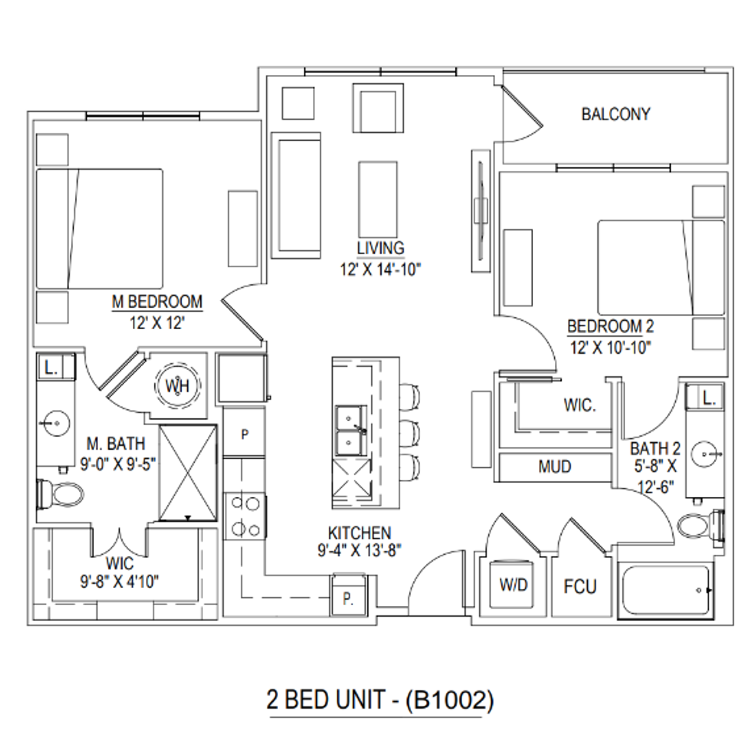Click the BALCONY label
(x=616, y=114)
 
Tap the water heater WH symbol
(x=177, y=385)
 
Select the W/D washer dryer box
(x=513, y=583)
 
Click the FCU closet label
(x=580, y=586)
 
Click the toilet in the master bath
(x=61, y=493)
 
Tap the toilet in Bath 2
(x=700, y=526)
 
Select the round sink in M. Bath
(x=56, y=423)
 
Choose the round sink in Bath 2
(x=706, y=454)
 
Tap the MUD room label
(x=555, y=467)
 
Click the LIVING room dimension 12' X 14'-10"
(x=380, y=269)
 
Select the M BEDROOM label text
(x=157, y=302)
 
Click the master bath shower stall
(x=188, y=473)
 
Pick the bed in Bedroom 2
(x=661, y=267)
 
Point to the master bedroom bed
(x=100, y=229)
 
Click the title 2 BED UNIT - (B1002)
(x=380, y=700)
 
